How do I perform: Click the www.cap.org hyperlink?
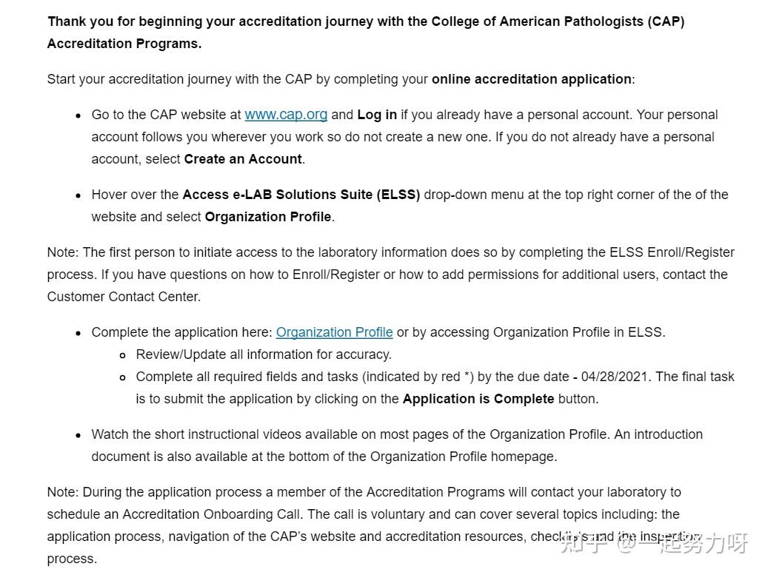pos(286,115)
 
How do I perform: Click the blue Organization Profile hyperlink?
pos(334,332)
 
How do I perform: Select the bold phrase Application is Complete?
pos(478,399)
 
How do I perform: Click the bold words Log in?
pos(377,115)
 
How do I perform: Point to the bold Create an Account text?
pos(243,159)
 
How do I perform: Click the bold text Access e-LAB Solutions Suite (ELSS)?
pos(301,195)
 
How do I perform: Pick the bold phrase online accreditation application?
pos(532,79)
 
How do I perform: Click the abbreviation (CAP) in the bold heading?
pos(667,21)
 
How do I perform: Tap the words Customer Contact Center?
pos(124,297)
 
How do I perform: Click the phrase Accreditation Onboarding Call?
pos(213,514)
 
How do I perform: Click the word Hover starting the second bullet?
pos(109,195)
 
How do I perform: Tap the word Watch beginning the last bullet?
pos(110,434)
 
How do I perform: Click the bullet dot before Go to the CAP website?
pos(78,115)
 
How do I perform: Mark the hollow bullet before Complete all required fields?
pos(122,377)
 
